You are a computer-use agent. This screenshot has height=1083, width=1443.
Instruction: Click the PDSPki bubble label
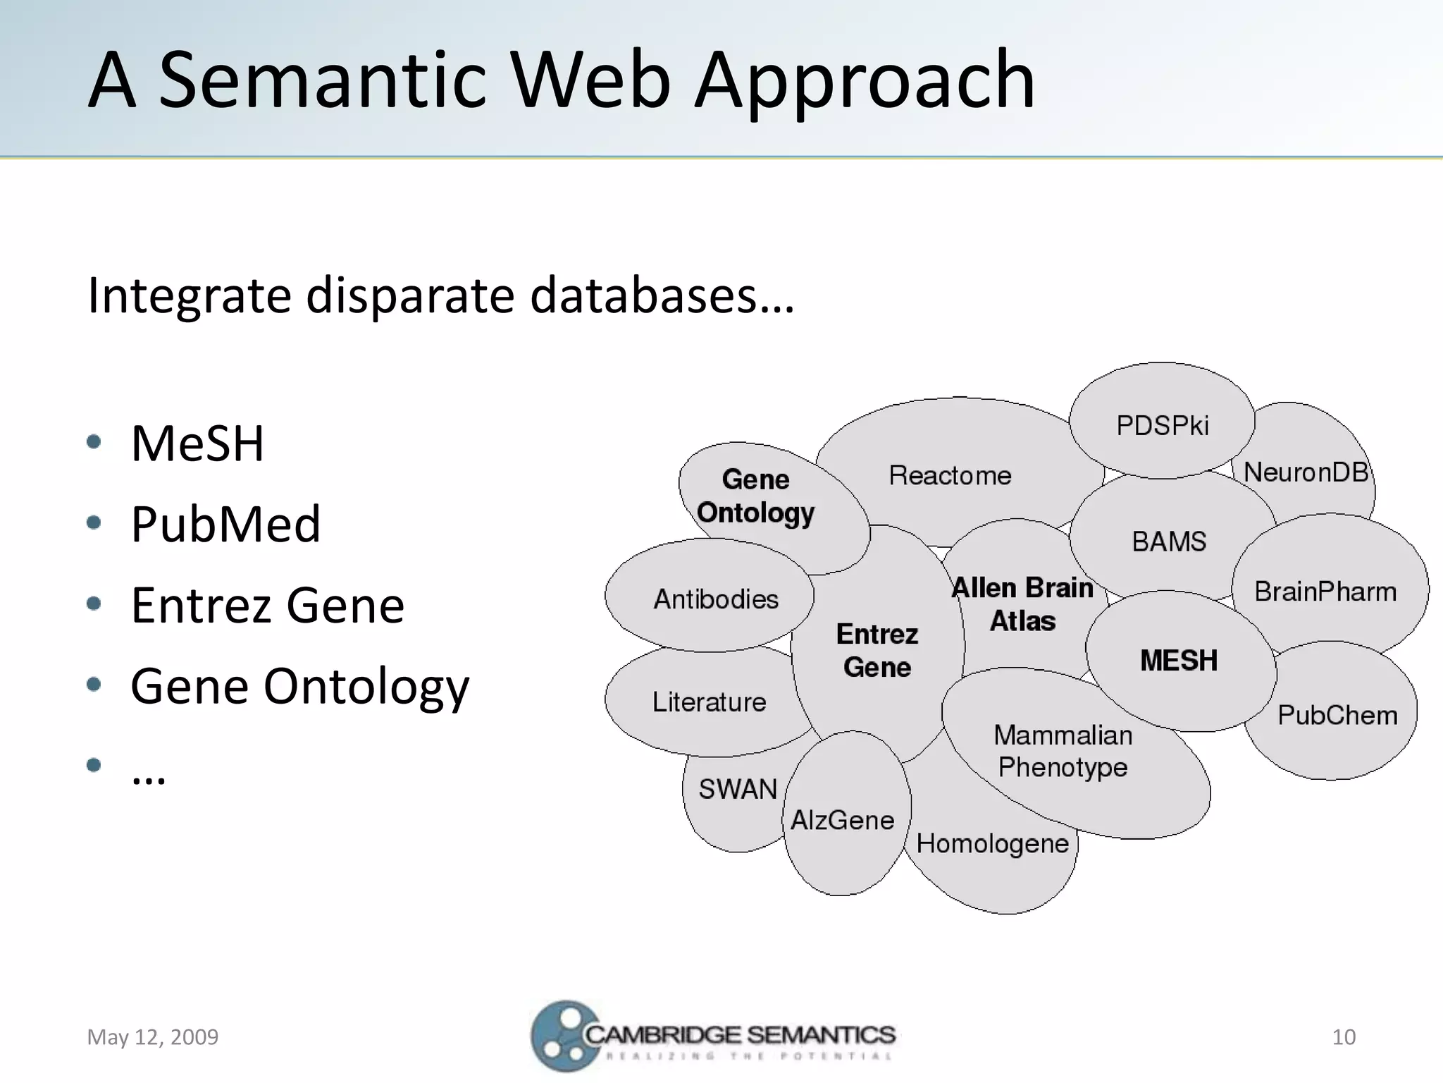click(1162, 426)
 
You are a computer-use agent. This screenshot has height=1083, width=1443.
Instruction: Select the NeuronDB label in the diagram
click(1306, 472)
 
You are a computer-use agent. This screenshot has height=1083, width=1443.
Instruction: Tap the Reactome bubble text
click(950, 476)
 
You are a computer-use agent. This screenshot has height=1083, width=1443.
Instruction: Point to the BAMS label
click(1169, 542)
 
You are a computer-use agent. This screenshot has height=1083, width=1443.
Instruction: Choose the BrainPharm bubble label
click(1325, 592)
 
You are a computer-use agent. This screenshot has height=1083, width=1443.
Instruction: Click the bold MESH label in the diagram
click(1179, 661)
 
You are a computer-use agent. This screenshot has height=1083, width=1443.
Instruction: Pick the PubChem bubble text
click(1337, 716)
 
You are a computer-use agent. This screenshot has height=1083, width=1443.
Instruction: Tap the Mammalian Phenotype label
click(1063, 752)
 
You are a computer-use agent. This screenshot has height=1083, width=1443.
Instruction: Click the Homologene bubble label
click(992, 844)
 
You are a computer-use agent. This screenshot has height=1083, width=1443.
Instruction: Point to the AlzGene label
click(843, 821)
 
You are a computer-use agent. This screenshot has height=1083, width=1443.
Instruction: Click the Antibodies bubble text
click(716, 600)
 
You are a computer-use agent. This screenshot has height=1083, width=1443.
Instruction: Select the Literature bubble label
click(709, 702)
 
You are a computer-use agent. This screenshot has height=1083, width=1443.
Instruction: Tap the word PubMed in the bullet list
click(225, 525)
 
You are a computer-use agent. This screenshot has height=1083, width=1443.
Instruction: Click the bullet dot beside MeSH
click(94, 442)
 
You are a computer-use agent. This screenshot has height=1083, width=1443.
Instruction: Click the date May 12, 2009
click(153, 1037)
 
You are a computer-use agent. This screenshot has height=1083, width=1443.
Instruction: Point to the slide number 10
click(1344, 1037)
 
